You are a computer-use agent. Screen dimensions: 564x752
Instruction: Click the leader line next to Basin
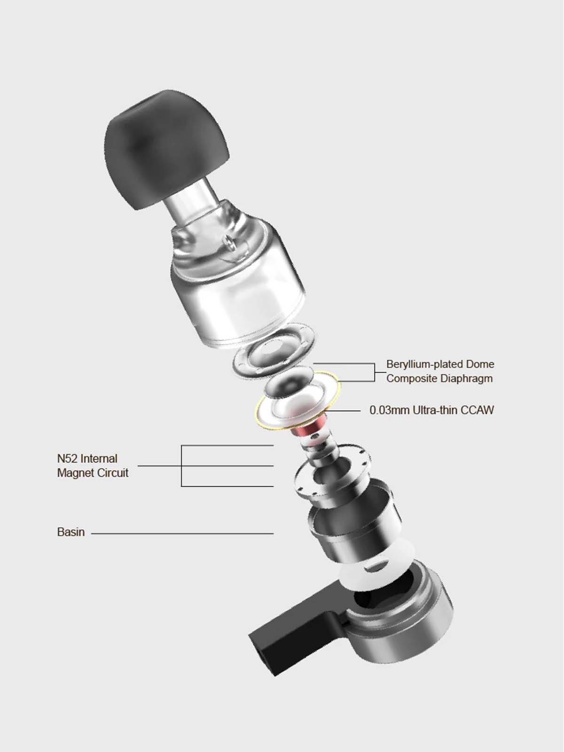(182, 533)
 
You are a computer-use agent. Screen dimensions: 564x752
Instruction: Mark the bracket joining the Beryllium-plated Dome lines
(375, 372)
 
